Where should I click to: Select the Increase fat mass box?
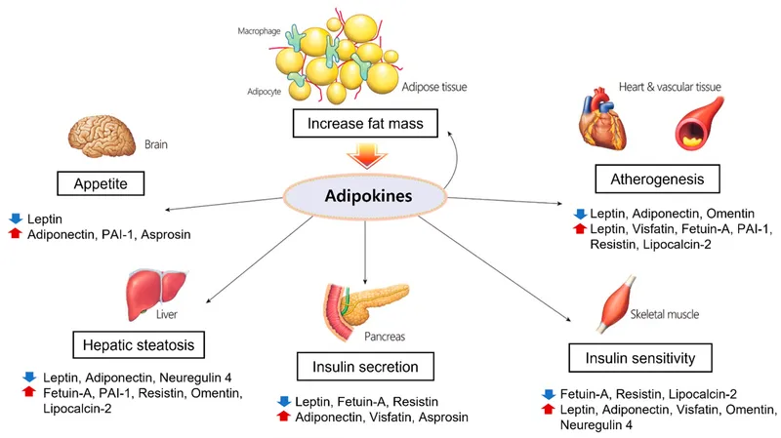[362, 125]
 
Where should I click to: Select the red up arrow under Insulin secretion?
[284, 417]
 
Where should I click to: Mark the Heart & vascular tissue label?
[675, 86]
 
